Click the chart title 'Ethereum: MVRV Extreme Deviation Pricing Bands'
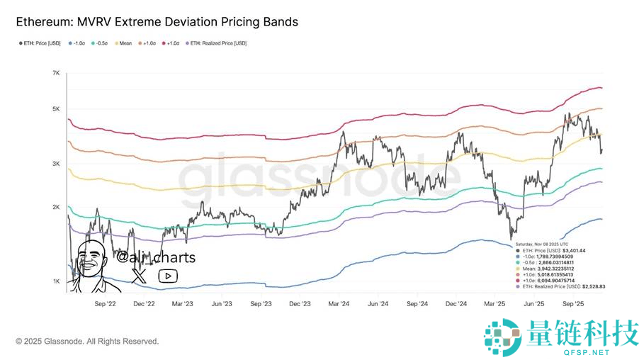[157, 22]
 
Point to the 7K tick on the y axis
[55, 74]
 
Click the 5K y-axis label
[55, 109]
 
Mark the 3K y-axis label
[55, 164]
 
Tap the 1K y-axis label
[55, 282]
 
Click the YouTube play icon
[168, 276]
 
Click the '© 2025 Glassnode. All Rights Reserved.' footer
[87, 341]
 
